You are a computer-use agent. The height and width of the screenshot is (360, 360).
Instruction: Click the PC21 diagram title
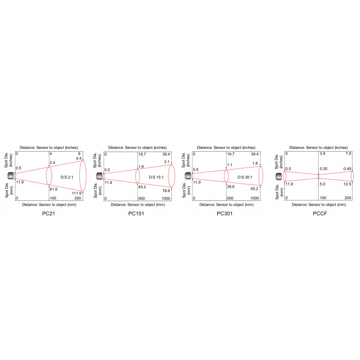coord(48,214)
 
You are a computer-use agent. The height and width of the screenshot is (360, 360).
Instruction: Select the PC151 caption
coord(136,214)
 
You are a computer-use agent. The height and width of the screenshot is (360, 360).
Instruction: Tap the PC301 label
coord(224,214)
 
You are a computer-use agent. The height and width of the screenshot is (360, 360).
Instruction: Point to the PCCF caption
coord(320,214)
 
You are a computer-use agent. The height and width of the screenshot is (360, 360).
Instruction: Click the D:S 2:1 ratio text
coord(67,177)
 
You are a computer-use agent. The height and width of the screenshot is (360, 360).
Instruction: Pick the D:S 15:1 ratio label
coord(156,177)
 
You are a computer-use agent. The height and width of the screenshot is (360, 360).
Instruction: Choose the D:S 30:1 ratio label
coord(245,177)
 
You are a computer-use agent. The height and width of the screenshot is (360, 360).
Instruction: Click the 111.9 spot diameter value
coord(77,193)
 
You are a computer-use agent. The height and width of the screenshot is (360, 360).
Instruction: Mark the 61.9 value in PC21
coord(54,189)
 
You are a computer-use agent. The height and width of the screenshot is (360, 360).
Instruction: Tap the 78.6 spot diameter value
coord(166,191)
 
